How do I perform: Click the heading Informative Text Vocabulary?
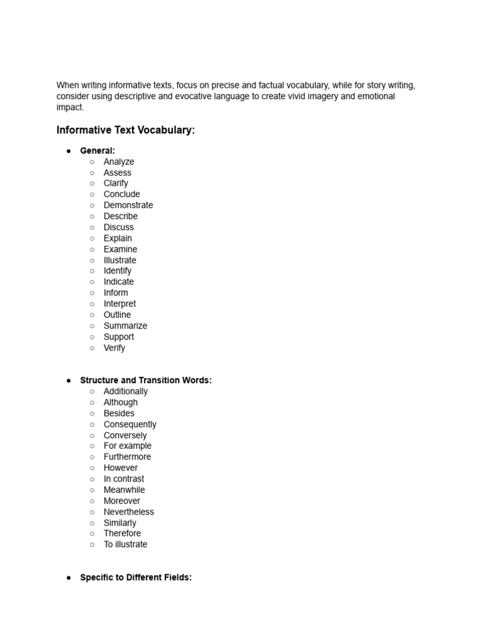(x=125, y=130)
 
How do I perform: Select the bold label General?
(x=97, y=150)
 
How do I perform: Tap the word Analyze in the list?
(x=118, y=162)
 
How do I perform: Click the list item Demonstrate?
(x=128, y=205)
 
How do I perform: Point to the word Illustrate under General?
(x=120, y=260)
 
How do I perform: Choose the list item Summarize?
(x=125, y=325)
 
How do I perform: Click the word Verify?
(x=114, y=347)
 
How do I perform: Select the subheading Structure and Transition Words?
(x=145, y=381)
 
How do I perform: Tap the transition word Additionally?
(x=125, y=391)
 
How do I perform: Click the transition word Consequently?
(x=130, y=424)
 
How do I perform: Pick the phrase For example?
(x=127, y=446)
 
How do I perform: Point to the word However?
(x=120, y=468)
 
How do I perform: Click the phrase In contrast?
(x=123, y=479)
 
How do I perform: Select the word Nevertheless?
(x=128, y=512)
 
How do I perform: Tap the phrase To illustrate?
(x=125, y=544)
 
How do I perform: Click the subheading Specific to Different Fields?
(x=135, y=577)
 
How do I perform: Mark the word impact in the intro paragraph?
(x=69, y=107)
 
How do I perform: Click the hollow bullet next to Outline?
(x=92, y=315)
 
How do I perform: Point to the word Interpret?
(x=119, y=303)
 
